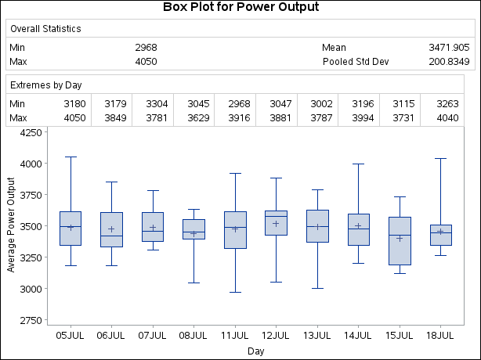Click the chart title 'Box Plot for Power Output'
[240, 8]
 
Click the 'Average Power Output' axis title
[11, 226]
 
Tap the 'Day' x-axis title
[255, 351]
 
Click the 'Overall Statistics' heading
[45, 29]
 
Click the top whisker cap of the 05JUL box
[71, 157]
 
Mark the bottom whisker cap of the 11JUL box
[235, 293]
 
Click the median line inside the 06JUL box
[111, 236]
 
